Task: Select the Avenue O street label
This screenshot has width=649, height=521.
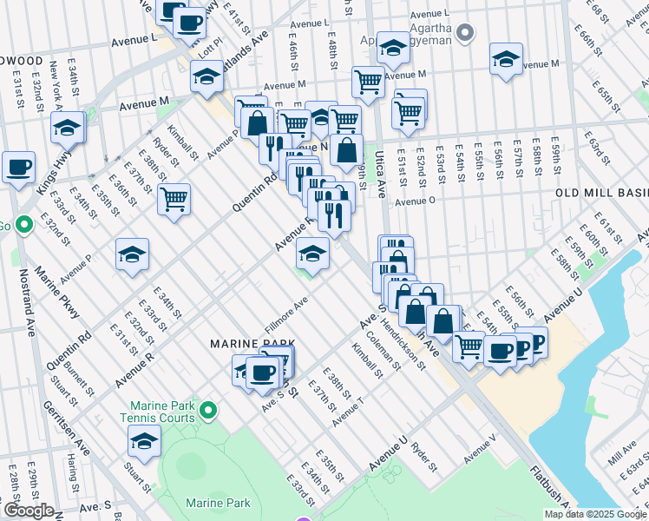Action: click(419, 201)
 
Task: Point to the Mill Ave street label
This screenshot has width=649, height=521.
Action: click(622, 452)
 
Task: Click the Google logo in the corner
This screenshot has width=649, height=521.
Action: click(29, 511)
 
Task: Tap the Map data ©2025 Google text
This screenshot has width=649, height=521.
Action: click(594, 514)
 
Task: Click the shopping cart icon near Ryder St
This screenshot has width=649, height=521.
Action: click(174, 199)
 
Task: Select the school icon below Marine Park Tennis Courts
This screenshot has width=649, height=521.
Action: click(144, 440)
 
